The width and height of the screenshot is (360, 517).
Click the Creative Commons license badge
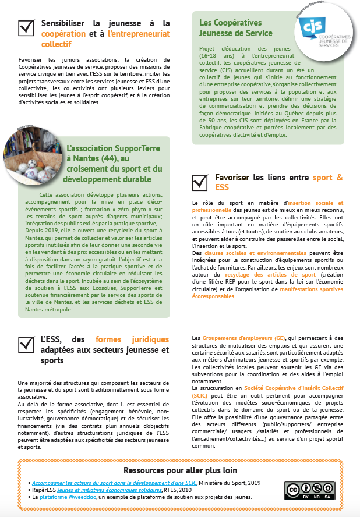click(309, 491)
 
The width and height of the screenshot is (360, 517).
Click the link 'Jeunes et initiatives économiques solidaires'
click(105, 490)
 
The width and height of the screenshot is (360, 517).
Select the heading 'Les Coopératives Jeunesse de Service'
click(236, 28)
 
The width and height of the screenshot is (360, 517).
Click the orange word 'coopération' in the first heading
click(63, 34)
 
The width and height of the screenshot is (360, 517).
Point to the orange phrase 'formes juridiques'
click(132, 339)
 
